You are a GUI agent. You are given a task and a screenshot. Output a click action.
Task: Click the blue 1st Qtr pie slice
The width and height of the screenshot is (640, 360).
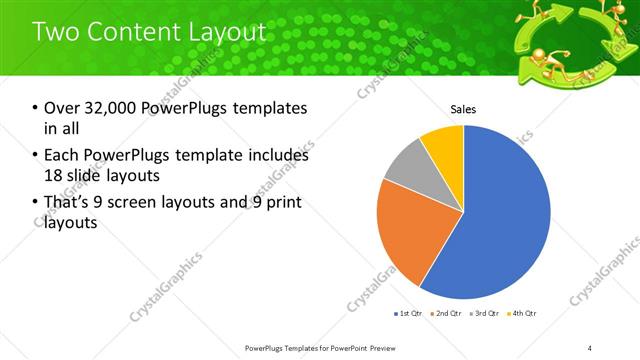pyautogui.click(x=505, y=215)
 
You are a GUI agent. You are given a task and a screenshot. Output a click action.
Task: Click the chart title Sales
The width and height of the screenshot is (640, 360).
pyautogui.click(x=463, y=109)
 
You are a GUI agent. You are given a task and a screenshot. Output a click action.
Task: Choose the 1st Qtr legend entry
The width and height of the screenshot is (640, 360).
pyautogui.click(x=406, y=314)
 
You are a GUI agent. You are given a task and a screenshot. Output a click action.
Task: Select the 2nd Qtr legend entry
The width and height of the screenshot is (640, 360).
pyautogui.click(x=444, y=314)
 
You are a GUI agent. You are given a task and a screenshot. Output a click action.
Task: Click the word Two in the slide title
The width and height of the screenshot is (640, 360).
pyautogui.click(x=57, y=32)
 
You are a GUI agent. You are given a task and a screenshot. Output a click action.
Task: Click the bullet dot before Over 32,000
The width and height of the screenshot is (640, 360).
pyautogui.click(x=36, y=108)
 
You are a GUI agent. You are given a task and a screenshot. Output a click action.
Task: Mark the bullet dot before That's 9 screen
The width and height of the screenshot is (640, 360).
pyautogui.click(x=36, y=203)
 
